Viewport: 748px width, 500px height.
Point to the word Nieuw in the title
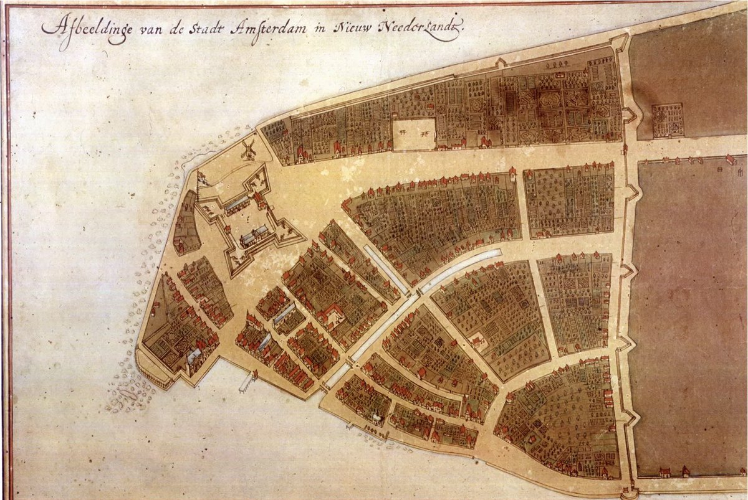(354, 26)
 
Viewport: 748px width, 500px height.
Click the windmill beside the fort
(249, 148)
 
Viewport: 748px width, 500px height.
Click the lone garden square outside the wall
(668, 120)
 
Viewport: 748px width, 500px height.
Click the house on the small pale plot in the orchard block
(479, 341)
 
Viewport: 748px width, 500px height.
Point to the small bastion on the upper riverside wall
(500, 62)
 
